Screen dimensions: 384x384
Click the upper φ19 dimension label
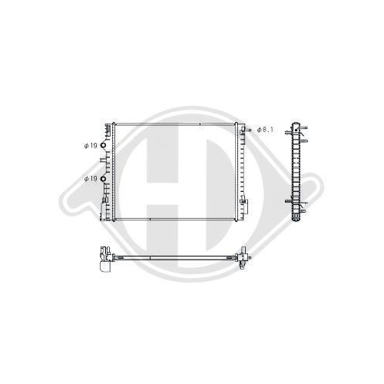[91, 146]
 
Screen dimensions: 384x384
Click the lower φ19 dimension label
[91, 179]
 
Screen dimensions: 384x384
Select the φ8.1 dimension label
[265, 130]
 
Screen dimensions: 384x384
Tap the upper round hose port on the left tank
[103, 146]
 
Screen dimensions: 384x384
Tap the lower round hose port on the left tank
[103, 179]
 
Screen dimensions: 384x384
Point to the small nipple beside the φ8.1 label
[248, 130]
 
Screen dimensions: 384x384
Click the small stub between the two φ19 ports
[103, 160]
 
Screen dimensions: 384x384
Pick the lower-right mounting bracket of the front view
[244, 205]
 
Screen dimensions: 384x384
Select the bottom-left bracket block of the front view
[103, 210]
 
